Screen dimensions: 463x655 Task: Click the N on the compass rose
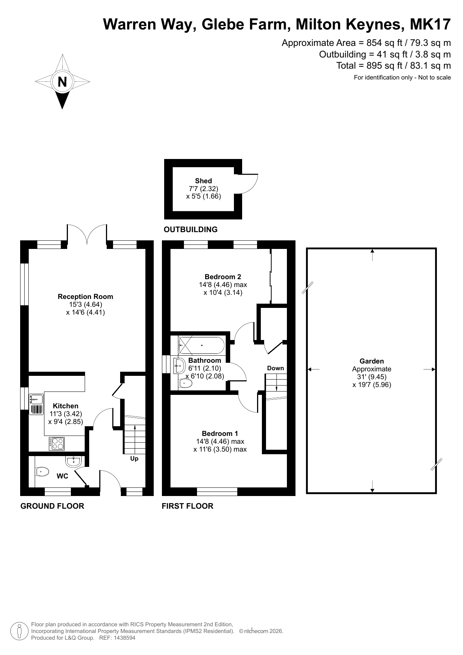[x=62, y=82]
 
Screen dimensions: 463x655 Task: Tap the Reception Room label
[x=85, y=297]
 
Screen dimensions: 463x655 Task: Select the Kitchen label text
[x=66, y=406]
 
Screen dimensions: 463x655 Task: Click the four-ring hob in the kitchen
[x=56, y=444]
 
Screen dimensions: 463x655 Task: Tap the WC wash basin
[x=73, y=461]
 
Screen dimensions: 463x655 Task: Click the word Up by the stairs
[x=134, y=459]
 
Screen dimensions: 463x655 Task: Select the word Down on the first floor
[x=275, y=368]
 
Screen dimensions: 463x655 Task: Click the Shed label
[x=203, y=181]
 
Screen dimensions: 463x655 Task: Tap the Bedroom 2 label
[x=223, y=277]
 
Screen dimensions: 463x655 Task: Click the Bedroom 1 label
[x=220, y=434]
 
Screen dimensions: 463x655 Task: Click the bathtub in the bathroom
[x=202, y=345]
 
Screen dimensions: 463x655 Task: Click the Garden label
[x=372, y=361]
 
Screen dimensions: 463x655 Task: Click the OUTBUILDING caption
[x=191, y=230]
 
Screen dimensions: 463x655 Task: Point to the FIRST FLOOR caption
[x=187, y=506]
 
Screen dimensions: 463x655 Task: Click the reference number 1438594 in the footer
[x=124, y=638]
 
